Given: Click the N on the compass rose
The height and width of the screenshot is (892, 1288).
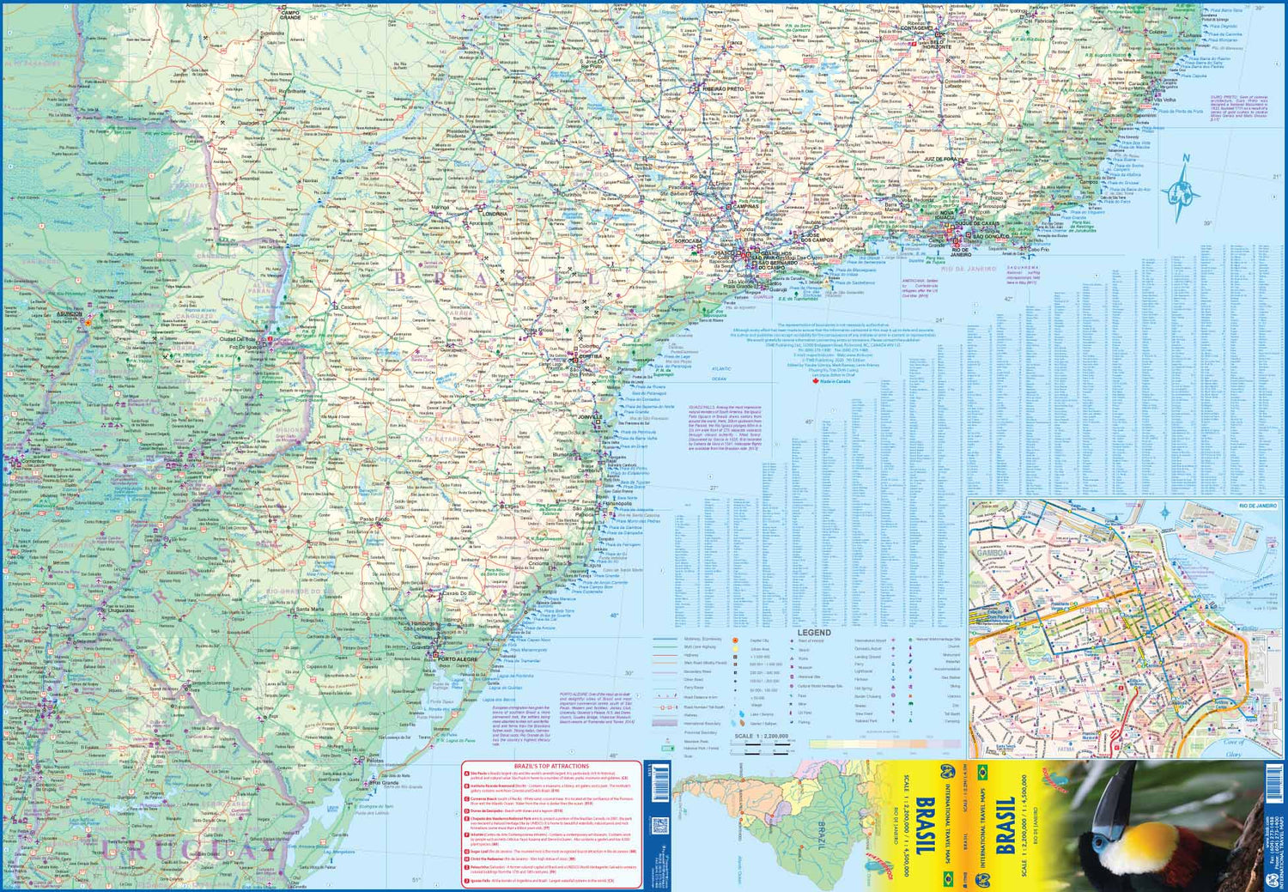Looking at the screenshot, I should point(1186,158).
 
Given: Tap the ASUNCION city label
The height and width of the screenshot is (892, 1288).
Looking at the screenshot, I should point(70,314).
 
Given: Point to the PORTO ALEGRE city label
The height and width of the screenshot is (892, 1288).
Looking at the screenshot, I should point(457,658).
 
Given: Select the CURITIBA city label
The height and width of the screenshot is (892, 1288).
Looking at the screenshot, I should point(589,356).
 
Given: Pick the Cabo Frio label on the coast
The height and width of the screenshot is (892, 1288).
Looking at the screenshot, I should point(1038,250).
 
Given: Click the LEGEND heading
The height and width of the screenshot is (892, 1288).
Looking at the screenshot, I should point(813,633).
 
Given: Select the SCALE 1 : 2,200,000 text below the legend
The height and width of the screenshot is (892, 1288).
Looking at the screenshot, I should point(761,736).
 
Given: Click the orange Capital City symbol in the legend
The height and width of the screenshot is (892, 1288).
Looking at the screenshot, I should point(735,640).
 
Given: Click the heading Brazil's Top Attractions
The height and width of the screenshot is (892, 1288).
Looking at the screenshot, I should point(551,766).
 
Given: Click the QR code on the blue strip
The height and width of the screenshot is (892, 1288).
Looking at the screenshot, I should point(660,826).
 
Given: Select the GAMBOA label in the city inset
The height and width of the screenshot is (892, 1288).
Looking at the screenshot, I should point(993,553).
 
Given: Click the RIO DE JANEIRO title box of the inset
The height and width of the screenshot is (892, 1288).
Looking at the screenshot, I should point(1258,506).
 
